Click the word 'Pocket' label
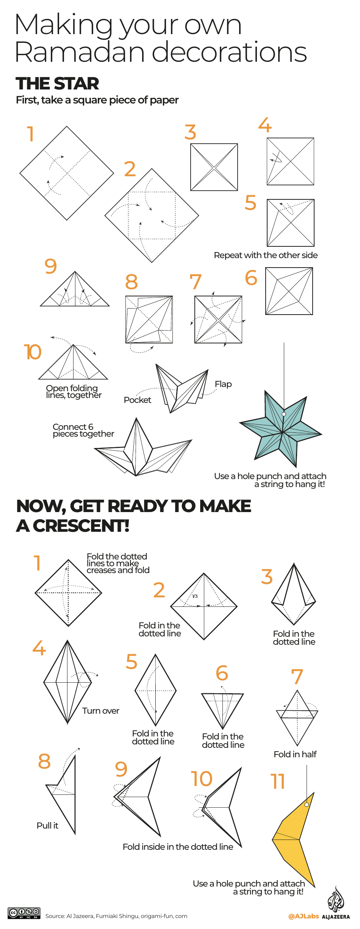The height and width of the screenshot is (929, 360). (x=137, y=400)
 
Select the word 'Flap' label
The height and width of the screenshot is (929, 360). (x=223, y=384)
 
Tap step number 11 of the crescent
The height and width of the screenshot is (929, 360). (x=277, y=781)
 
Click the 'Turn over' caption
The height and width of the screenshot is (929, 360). (x=101, y=711)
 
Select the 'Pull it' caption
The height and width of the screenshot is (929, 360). (x=47, y=826)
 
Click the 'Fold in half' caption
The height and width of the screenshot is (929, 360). (x=295, y=754)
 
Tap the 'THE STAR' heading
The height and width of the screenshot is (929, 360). (x=57, y=83)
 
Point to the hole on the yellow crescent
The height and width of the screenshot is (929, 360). (x=307, y=804)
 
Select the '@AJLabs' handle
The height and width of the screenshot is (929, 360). (x=303, y=916)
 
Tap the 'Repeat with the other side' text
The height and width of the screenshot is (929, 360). (x=266, y=255)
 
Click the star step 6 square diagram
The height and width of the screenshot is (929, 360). (x=289, y=291)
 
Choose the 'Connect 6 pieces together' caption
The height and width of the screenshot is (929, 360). (x=83, y=430)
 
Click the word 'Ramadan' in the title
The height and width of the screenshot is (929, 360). (x=80, y=52)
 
